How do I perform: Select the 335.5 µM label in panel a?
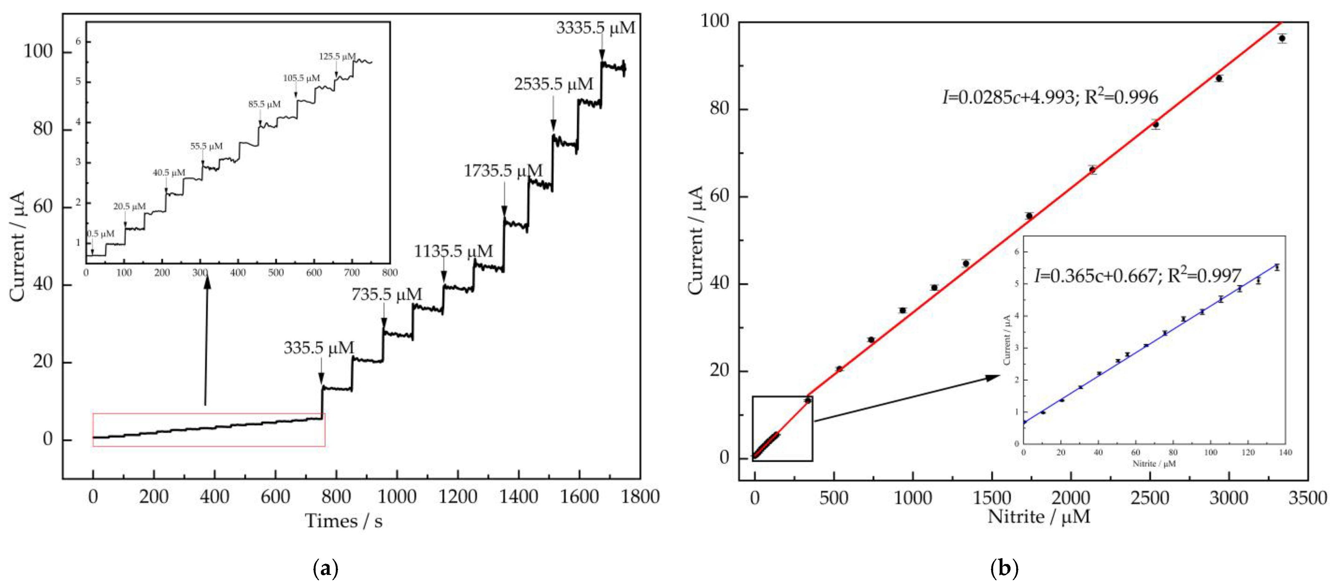point(318,348)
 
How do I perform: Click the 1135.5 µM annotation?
point(453,252)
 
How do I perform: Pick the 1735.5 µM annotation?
point(503,171)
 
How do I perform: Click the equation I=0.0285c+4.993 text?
point(1049,97)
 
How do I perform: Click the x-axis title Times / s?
point(344,521)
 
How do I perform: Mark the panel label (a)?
point(326,569)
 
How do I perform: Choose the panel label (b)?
point(1004,569)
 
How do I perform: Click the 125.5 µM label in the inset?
point(337,56)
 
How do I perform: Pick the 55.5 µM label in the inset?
point(206,147)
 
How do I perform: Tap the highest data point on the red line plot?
point(1282,38)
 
